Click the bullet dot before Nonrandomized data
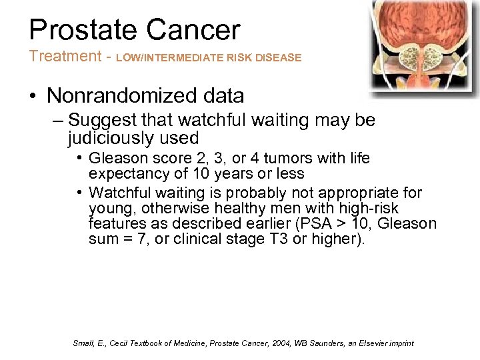click(33, 97)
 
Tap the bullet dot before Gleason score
click(79, 159)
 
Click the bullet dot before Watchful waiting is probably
click(79, 193)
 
